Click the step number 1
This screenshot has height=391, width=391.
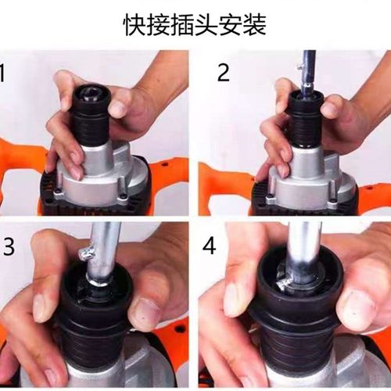pos(4,74)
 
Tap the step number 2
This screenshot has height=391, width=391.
pos(224,74)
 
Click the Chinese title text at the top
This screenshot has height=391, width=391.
pos(195,25)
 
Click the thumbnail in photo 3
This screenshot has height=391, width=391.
pos(144,313)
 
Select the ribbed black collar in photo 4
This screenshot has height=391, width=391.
pos(301,352)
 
